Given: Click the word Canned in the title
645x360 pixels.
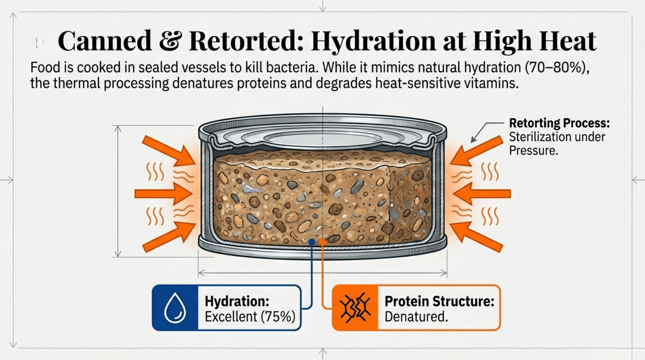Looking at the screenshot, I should click(104, 41).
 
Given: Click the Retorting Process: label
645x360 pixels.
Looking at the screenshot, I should click(559, 123).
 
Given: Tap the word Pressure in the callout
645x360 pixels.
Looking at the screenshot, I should click(533, 150).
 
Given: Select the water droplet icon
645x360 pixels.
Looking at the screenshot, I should click(175, 308).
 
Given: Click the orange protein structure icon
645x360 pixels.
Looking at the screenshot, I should click(355, 308).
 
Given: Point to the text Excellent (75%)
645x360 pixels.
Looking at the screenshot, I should click(250, 317).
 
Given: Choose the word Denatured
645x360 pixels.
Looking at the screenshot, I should click(416, 317).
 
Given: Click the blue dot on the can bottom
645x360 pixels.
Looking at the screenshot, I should click(312, 242).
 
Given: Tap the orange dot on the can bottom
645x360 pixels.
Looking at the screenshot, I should click(322, 242).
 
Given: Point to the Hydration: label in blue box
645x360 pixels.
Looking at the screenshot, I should click(237, 301).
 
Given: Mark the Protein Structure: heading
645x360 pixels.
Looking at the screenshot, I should click(439, 301).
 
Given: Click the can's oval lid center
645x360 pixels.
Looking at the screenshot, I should click(322, 138).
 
